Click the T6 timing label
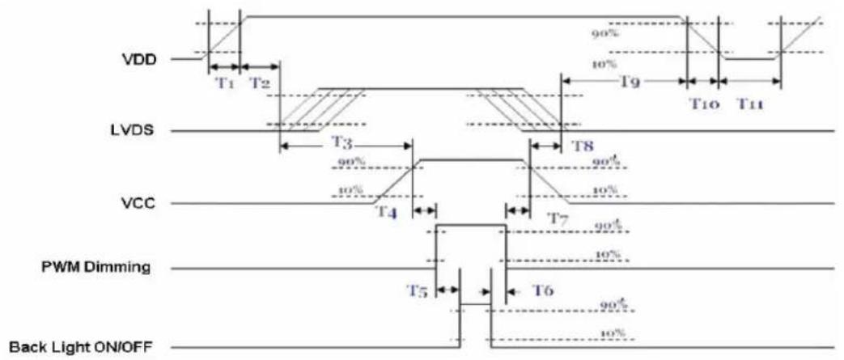coord(542,290)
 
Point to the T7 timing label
coord(558,218)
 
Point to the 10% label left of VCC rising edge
coord(350,190)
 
